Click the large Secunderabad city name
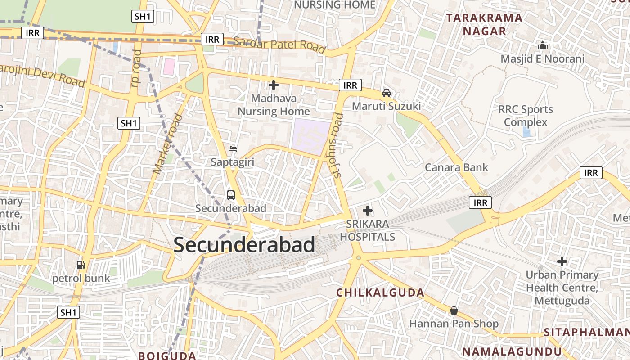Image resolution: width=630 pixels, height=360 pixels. (244, 245)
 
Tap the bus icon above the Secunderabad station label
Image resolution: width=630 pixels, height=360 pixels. (231, 195)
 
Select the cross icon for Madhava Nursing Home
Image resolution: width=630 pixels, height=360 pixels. (273, 85)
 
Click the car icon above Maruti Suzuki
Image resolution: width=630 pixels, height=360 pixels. (386, 93)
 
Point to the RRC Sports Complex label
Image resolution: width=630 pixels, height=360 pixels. (525, 116)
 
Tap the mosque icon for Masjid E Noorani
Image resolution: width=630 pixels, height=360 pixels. (543, 46)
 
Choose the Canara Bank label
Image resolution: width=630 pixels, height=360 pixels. (457, 167)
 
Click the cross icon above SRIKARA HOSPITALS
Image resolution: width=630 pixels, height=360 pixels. (368, 210)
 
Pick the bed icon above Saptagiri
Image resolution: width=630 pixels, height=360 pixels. (233, 149)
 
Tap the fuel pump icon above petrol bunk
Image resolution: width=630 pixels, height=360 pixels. (81, 265)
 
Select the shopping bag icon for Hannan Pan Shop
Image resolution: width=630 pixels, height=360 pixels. (454, 310)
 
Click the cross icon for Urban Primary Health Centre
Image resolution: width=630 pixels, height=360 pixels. (562, 261)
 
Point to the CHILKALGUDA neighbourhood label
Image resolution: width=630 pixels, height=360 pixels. (380, 293)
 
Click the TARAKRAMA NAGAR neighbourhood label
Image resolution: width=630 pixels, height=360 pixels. (485, 25)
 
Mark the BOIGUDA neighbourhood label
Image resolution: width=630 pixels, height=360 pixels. (167, 355)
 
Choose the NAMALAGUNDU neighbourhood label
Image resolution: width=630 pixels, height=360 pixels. (512, 351)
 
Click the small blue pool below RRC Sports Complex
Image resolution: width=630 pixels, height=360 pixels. (526, 132)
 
